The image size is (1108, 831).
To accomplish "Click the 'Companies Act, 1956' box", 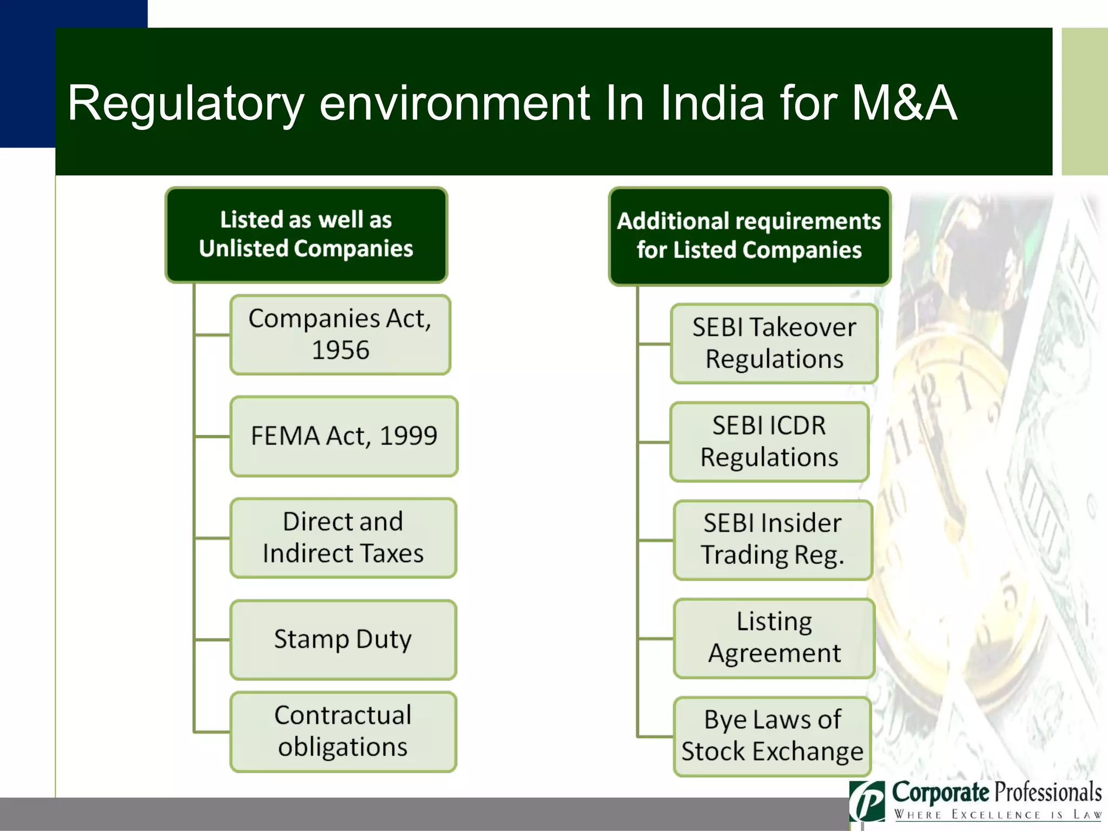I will pos(340,334).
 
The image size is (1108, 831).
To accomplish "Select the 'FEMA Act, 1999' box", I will pos(344,436).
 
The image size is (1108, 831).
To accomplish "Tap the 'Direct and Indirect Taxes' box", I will pos(343,538).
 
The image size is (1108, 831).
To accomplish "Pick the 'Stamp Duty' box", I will pos(343,639).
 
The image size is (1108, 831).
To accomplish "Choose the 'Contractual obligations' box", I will pos(343,731).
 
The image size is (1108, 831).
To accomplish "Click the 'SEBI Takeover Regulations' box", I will pos(774,344).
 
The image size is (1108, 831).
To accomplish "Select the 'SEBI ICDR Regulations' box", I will pos(769,441).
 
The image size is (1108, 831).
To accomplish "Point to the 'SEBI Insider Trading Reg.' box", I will pos(773,540).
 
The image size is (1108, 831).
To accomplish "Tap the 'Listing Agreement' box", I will pos(774,638).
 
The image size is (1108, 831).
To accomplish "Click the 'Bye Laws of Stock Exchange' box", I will pos(772,736).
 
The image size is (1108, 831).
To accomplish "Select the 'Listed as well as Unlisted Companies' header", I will pos(306,235).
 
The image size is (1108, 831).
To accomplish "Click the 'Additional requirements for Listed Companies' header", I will pos(749,236).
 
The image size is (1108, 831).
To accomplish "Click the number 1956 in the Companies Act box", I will pos(340,350).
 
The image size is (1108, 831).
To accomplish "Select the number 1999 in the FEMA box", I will pos(408,436).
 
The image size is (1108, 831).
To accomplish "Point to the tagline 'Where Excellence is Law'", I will pos(998,815).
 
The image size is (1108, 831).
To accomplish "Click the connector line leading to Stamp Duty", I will pos(212,639).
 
